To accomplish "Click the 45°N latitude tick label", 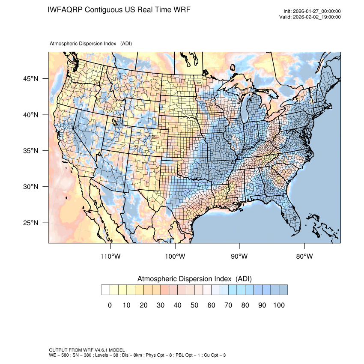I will pyautogui.click(x=30, y=79).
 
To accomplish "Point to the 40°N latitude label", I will pyautogui.click(x=30, y=115).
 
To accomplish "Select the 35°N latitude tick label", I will pyautogui.click(x=30, y=151).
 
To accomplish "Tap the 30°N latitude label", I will pyautogui.click(x=30, y=187).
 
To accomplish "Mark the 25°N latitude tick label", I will pyautogui.click(x=30, y=223).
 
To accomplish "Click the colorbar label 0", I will pyautogui.click(x=110, y=305).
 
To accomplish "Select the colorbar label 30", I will pyautogui.click(x=160, y=305).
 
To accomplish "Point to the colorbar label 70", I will pyautogui.click(x=228, y=305).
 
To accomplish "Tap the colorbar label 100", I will pyautogui.click(x=279, y=305).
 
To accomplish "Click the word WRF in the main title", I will pyautogui.click(x=181, y=9).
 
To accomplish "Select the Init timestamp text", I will pyautogui.click(x=312, y=12).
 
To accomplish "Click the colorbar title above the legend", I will pyautogui.click(x=194, y=279).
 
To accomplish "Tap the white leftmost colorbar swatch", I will pyautogui.click(x=105, y=290).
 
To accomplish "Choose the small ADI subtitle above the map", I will pyautogui.click(x=91, y=44).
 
